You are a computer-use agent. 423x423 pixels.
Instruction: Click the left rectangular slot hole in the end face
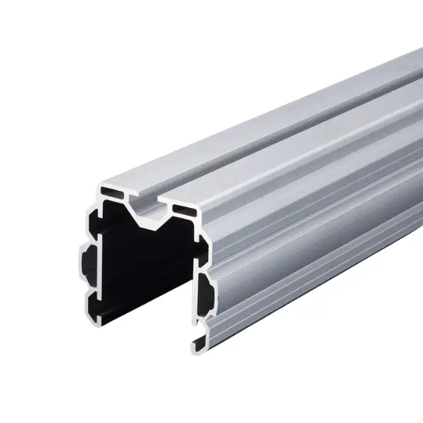[112, 190]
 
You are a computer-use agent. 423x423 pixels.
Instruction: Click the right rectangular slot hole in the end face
[185, 209]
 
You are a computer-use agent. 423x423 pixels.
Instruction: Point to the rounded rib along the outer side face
[296, 240]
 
